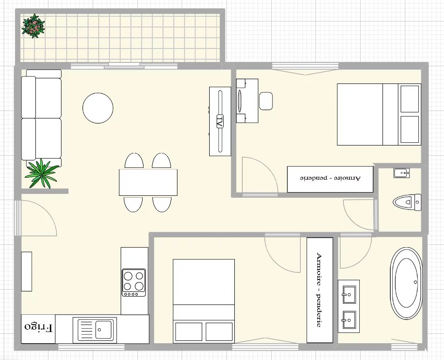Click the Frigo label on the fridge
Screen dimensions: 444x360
coord(39,328)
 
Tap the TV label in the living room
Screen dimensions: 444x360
coord(220,121)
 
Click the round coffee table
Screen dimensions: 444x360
coord(98,108)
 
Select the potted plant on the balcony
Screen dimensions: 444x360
coord(34,26)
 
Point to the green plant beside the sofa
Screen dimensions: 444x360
coord(42,173)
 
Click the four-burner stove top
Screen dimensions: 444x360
coord(134,283)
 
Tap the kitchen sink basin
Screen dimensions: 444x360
coord(103,330)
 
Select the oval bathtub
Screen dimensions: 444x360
coord(406,284)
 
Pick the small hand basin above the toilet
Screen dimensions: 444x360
coord(401,173)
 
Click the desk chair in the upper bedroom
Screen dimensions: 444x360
coord(266,101)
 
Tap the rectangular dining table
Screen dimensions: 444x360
coord(148,182)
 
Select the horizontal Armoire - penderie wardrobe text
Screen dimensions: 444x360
coord(330,178)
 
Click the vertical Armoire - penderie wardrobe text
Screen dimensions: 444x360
coord(319,290)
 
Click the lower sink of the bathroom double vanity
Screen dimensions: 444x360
coord(349,320)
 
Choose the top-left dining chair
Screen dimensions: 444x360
coord(134,161)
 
